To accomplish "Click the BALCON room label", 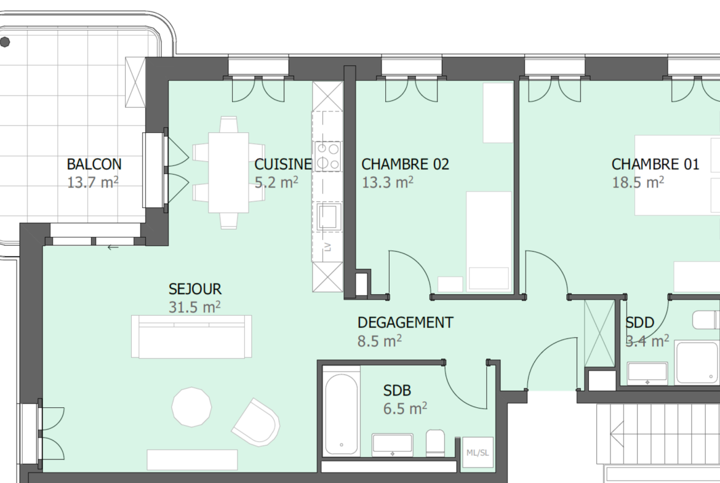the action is pos(94,164).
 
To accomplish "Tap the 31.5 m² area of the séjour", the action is pos(194,306).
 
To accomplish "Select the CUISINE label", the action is pos(283,164).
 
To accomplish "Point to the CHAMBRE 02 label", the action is pos(405,164).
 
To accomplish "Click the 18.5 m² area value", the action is pos(638,182).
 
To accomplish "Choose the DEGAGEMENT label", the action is pos(405,322).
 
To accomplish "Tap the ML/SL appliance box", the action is pos(478,452).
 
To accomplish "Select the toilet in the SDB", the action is pos(435,443).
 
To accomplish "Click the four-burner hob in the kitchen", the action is pos(328,156).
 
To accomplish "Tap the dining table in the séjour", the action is pos(229,173).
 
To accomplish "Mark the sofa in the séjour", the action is pos(191,337).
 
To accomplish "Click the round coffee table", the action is pos(191,407).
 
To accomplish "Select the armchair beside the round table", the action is pos(256,422).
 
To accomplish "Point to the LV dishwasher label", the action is pos(328,247).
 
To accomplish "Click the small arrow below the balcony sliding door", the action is pos(113,248).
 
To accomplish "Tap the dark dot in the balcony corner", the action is pos(5,42).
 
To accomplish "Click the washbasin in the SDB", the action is pos(393,445).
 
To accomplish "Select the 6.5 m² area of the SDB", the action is pos(405,408).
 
